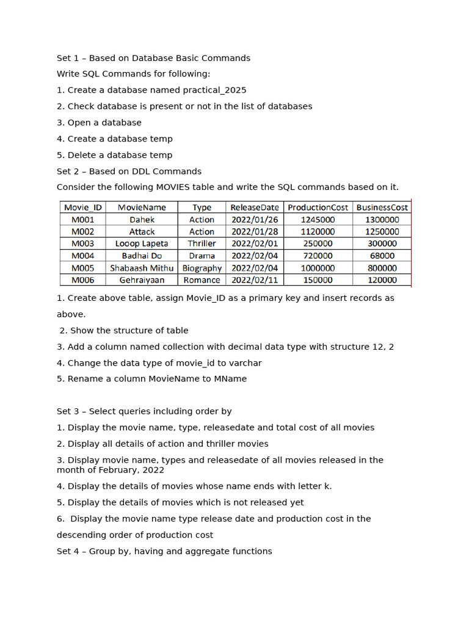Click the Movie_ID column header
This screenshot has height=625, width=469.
click(82, 208)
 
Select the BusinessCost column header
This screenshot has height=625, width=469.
click(382, 208)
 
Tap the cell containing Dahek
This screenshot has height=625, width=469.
click(142, 220)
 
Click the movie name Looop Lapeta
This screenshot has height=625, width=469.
click(142, 244)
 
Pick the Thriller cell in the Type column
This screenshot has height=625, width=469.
click(202, 244)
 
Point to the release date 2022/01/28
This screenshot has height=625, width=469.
click(254, 232)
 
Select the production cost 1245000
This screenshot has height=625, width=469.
click(318, 220)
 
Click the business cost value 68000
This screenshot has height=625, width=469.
click(382, 256)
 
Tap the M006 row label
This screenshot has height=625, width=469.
click(82, 280)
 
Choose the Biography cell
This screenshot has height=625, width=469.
click(202, 268)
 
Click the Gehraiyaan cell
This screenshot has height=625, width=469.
click(142, 280)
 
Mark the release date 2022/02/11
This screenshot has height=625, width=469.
click(254, 280)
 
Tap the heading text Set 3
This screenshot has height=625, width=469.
click(69, 411)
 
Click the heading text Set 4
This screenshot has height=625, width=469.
click(69, 551)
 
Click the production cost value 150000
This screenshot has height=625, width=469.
click(318, 280)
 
